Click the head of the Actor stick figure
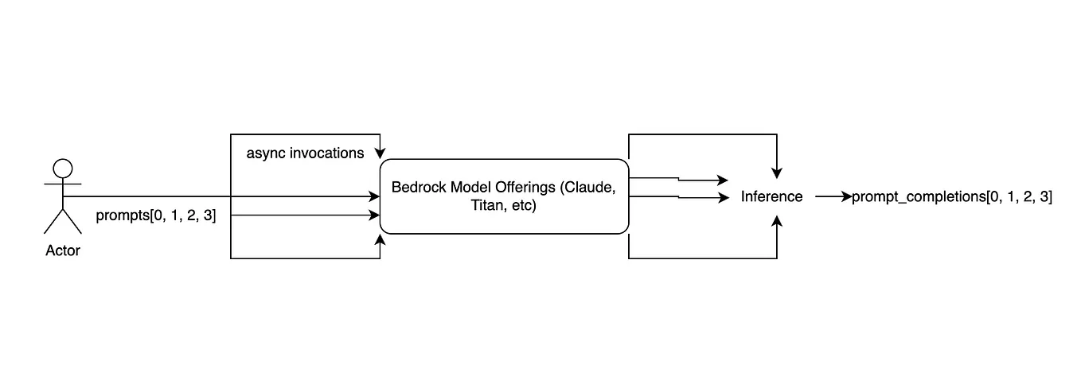(62, 169)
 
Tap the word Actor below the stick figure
(63, 250)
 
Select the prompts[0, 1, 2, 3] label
(155, 215)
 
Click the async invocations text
(305, 153)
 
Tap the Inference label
(771, 196)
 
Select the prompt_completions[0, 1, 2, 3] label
(951, 196)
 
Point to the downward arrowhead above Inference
(777, 172)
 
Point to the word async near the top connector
(263, 153)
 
